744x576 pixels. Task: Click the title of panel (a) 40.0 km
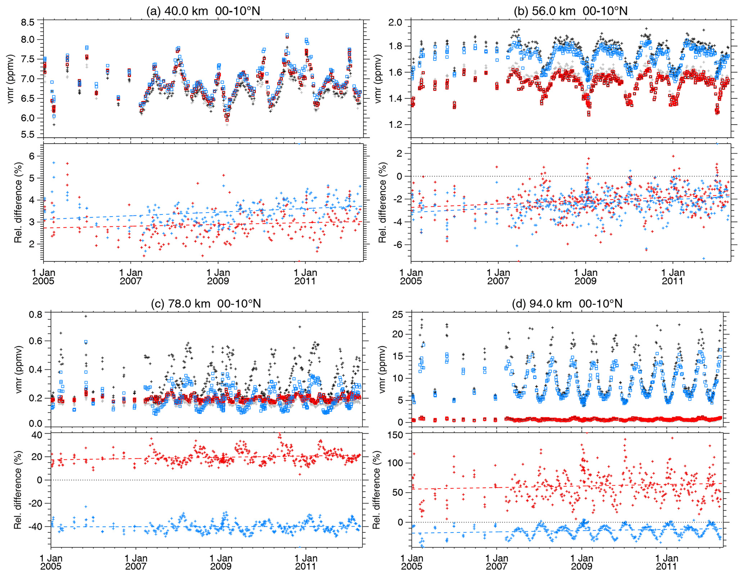click(x=203, y=11)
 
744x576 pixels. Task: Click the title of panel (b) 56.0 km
click(x=571, y=11)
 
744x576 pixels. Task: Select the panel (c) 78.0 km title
click(x=206, y=304)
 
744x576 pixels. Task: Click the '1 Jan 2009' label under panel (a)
click(x=218, y=277)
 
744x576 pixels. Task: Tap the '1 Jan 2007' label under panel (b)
click(x=498, y=277)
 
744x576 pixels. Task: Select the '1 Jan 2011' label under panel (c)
click(x=306, y=562)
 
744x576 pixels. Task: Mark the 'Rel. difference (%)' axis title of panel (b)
click(x=382, y=202)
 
